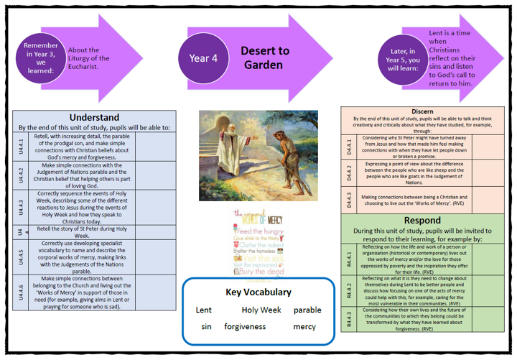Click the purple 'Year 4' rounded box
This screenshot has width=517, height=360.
pyautogui.click(x=203, y=58)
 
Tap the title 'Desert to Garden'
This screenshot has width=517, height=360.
pyautogui.click(x=265, y=58)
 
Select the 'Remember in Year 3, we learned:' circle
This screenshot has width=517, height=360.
pyautogui.click(x=41, y=57)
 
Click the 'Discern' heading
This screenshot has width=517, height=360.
pyautogui.click(x=422, y=112)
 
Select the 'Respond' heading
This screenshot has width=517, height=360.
pyautogui.click(x=422, y=220)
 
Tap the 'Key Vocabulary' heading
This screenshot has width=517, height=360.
pyautogui.click(x=258, y=292)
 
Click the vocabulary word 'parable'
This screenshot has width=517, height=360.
pyautogui.click(x=307, y=310)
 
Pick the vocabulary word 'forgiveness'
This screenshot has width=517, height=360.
pyautogui.click(x=245, y=326)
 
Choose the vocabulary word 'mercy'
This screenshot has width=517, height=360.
pyautogui.click(x=304, y=326)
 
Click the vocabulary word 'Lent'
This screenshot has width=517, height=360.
pyautogui.click(x=204, y=310)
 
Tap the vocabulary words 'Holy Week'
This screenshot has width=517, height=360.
pyautogui.click(x=261, y=310)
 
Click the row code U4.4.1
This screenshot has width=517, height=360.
pyautogui.click(x=20, y=147)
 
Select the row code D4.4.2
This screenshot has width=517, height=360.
pyautogui.click(x=349, y=172)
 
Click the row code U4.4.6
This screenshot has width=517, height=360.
pyautogui.click(x=20, y=293)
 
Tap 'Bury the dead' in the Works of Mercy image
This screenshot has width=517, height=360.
pyautogui.click(x=261, y=271)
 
